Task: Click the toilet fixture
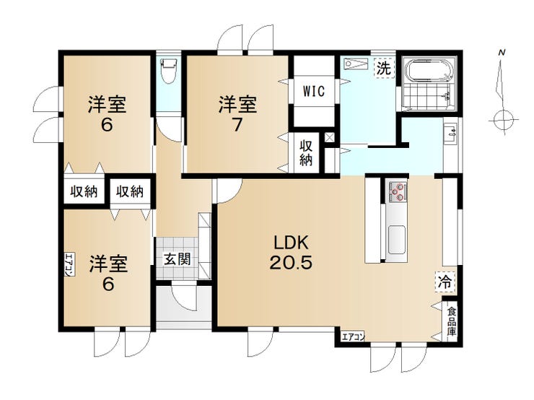pyautogui.click(x=169, y=71)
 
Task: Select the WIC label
pyautogui.click(x=314, y=91)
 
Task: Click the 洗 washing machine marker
pyautogui.click(x=384, y=69)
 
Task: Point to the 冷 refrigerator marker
pyautogui.click(x=445, y=282)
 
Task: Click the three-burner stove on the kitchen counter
pyautogui.click(x=398, y=191)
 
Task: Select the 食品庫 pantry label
pyautogui.click(x=452, y=321)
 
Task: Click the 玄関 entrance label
pyautogui.click(x=177, y=259)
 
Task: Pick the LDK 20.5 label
pyautogui.click(x=291, y=253)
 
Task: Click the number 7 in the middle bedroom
pyautogui.click(x=237, y=125)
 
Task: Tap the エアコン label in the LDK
pyautogui.click(x=353, y=337)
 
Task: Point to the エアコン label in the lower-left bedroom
pyautogui.click(x=69, y=265)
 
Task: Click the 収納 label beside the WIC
pyautogui.click(x=306, y=153)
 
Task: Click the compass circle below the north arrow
pyautogui.click(x=504, y=120)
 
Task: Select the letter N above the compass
pyautogui.click(x=502, y=53)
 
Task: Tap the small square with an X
pyautogui.click(x=330, y=138)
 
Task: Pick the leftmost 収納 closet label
pyautogui.click(x=84, y=192)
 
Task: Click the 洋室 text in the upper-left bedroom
pyautogui.click(x=107, y=104)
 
